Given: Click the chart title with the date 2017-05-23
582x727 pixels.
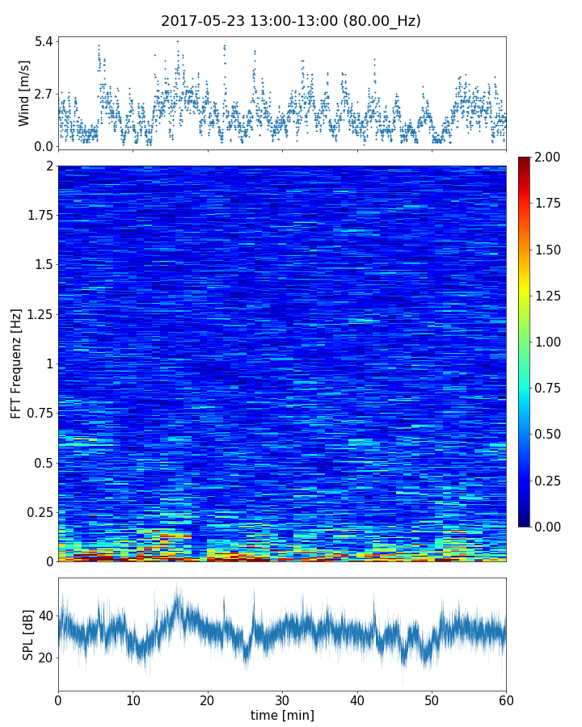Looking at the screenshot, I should (x=291, y=22).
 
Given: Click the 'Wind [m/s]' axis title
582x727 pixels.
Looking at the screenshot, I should (x=24, y=93).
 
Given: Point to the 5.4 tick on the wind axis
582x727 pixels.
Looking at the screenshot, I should (x=44, y=41).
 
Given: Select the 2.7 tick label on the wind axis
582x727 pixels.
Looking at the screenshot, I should (x=44, y=94).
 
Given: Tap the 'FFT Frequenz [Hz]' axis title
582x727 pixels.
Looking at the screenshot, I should (x=16, y=363).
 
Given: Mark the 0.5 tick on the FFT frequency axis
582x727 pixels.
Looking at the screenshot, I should (x=42, y=463).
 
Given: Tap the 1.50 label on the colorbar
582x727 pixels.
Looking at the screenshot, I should (x=547, y=250).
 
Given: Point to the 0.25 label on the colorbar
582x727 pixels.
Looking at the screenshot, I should (x=547, y=481).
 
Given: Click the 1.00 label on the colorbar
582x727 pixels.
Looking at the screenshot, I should (x=547, y=342).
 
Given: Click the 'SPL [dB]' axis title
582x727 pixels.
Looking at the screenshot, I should (x=28, y=634).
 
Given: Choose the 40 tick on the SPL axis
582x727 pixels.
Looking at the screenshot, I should (x=45, y=616).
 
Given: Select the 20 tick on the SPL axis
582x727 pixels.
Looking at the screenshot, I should (x=45, y=658).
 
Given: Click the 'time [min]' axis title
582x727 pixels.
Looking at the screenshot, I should (x=282, y=715).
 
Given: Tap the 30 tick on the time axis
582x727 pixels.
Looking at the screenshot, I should (x=282, y=699).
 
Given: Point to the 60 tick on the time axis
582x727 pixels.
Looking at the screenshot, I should (x=506, y=699).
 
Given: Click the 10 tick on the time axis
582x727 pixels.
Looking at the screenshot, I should (x=133, y=699).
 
